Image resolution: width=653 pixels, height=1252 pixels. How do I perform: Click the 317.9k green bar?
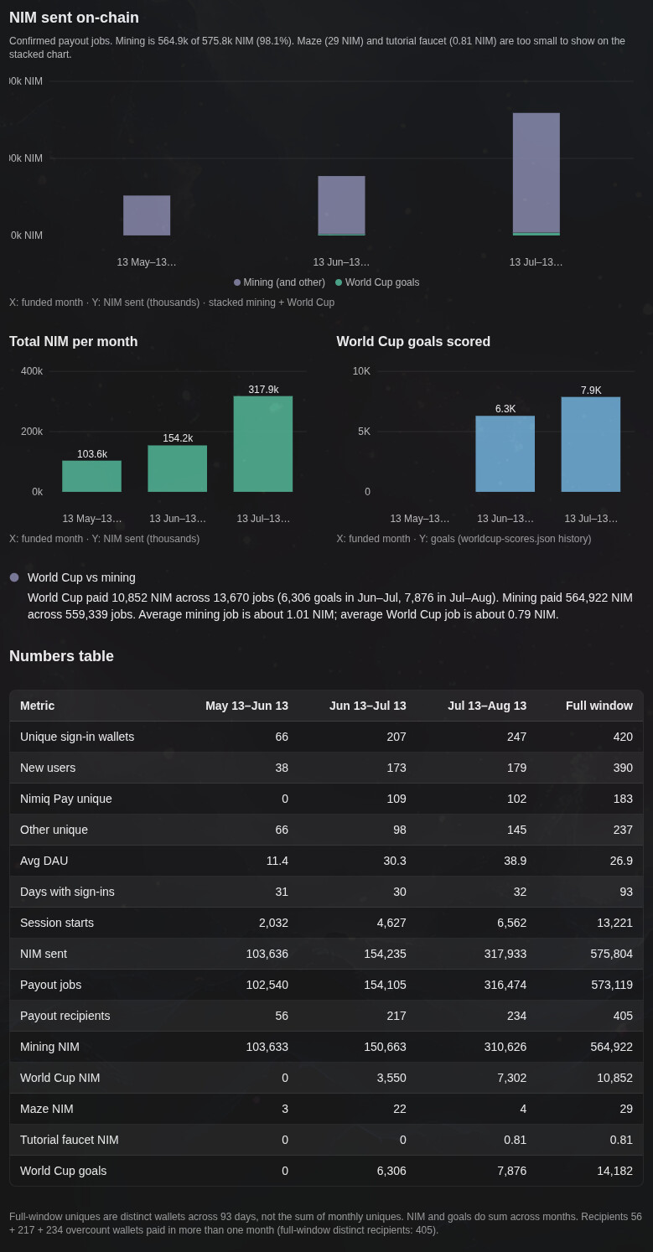(x=262, y=444)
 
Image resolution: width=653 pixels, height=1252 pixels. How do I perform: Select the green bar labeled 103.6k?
(x=91, y=476)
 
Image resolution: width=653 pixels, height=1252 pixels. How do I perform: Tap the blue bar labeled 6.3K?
(x=505, y=454)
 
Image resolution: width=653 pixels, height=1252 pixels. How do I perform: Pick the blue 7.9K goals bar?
(x=590, y=444)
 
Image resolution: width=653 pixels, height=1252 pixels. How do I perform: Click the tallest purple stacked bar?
(x=536, y=173)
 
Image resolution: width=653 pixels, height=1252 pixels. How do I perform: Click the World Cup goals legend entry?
(x=377, y=282)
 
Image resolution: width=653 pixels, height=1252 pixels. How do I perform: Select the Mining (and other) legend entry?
(x=279, y=282)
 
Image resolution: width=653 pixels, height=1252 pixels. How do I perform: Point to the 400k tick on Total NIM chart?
(x=32, y=371)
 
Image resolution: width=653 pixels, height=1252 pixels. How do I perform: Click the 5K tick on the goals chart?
(x=364, y=432)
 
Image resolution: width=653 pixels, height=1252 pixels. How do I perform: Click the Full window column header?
(x=599, y=706)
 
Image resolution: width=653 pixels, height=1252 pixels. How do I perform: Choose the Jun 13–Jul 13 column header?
(x=367, y=706)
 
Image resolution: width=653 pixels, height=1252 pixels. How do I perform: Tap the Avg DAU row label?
(x=44, y=861)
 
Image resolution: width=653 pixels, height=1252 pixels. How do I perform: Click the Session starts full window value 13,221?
(x=614, y=923)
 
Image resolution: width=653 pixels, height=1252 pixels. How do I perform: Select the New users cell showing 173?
(x=396, y=768)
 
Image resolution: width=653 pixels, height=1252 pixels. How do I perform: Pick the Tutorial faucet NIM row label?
(x=70, y=1140)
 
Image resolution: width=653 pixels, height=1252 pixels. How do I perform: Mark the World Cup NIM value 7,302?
(x=511, y=1078)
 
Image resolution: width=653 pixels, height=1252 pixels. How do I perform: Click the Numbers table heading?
(x=61, y=656)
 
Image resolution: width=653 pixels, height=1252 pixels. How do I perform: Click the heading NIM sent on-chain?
(x=74, y=18)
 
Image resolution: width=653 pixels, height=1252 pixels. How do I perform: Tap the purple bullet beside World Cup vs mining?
(x=14, y=577)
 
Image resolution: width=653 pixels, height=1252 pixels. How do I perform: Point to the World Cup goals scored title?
(x=413, y=342)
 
